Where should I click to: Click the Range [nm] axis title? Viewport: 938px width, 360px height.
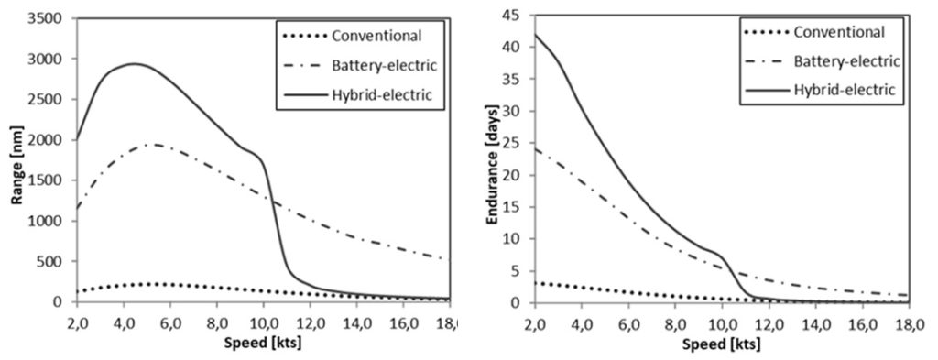pyautogui.click(x=16, y=162)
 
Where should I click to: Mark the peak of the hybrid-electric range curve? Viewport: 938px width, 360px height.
pyautogui.click(x=134, y=63)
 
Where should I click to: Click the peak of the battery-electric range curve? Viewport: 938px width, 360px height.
pyautogui.click(x=153, y=144)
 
